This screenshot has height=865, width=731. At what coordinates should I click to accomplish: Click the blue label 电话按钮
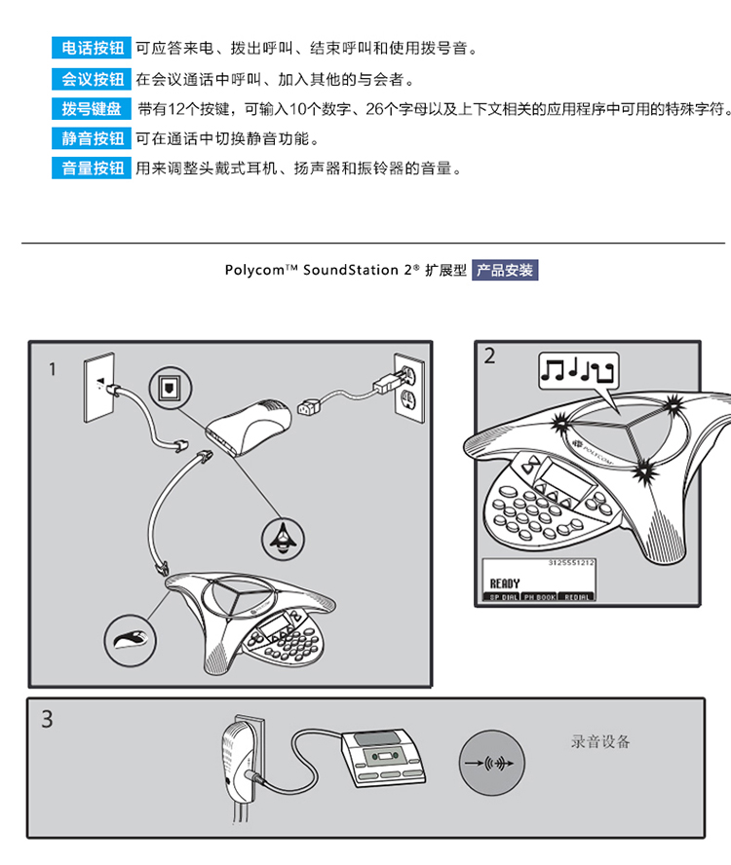[92, 48]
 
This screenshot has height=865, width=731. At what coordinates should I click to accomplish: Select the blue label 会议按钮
[92, 79]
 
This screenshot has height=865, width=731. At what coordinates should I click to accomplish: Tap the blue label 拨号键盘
[92, 109]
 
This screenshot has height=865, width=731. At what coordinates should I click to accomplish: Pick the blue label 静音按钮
[92, 138]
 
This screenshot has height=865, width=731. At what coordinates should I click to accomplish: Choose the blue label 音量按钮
[92, 169]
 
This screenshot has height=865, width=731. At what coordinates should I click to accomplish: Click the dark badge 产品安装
[505, 270]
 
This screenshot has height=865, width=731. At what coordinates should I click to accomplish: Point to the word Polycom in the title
[254, 270]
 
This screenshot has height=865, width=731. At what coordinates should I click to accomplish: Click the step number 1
[53, 369]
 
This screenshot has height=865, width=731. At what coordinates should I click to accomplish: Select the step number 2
[489, 357]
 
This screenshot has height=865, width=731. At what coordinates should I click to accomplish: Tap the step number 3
[48, 721]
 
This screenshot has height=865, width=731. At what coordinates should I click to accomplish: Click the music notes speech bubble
[578, 371]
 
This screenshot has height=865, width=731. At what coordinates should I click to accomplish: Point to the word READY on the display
[505, 583]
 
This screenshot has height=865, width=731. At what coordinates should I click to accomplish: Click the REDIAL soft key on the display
[575, 596]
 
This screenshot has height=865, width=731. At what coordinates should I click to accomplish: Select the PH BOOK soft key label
[539, 596]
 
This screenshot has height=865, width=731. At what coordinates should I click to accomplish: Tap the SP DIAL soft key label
[503, 596]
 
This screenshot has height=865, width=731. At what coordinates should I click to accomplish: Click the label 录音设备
[600, 742]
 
